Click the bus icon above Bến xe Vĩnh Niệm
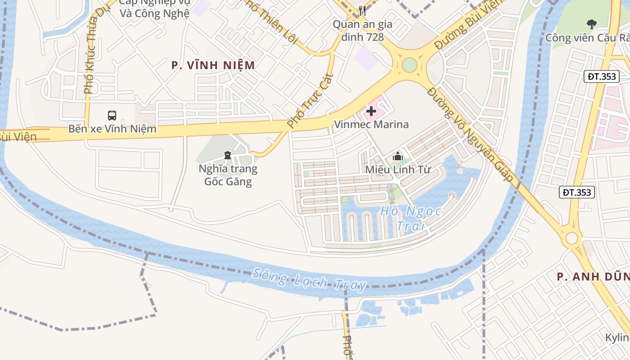pyautogui.click(x=112, y=116)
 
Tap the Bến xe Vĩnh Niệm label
pyautogui.click(x=112, y=129)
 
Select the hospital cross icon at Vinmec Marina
pyautogui.click(x=371, y=111)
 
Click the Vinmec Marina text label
pyautogui.click(x=371, y=125)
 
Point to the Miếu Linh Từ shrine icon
pyautogui.click(x=398, y=157)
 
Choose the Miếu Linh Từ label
pyautogui.click(x=398, y=170)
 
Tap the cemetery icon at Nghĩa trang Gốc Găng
pyautogui.click(x=228, y=156)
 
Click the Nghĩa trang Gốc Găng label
pyautogui.click(x=228, y=175)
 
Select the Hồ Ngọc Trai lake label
pyautogui.click(x=410, y=218)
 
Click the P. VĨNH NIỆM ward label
pyautogui.click(x=213, y=65)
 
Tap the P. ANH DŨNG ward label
pyautogui.click(x=593, y=277)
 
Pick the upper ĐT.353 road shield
pyautogui.click(x=602, y=76)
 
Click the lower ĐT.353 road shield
pyautogui.click(x=577, y=193)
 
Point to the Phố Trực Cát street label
pyautogui.click(x=310, y=100)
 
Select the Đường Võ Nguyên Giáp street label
pyautogui.click(x=470, y=134)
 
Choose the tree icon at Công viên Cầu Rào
pyautogui.click(x=591, y=24)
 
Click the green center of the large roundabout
pyautogui.click(x=409, y=65)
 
